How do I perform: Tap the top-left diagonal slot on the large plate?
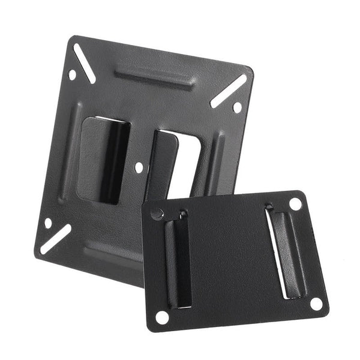[x=85, y=63]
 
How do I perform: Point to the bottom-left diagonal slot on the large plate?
[x=55, y=238]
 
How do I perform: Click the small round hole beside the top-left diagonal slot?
[x=73, y=76]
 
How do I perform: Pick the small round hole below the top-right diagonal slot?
[x=237, y=107]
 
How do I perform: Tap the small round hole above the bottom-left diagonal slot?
[x=48, y=223]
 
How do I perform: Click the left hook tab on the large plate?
[x=105, y=159]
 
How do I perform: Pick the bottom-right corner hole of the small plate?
[x=316, y=303]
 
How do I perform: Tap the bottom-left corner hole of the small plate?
[x=162, y=316]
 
